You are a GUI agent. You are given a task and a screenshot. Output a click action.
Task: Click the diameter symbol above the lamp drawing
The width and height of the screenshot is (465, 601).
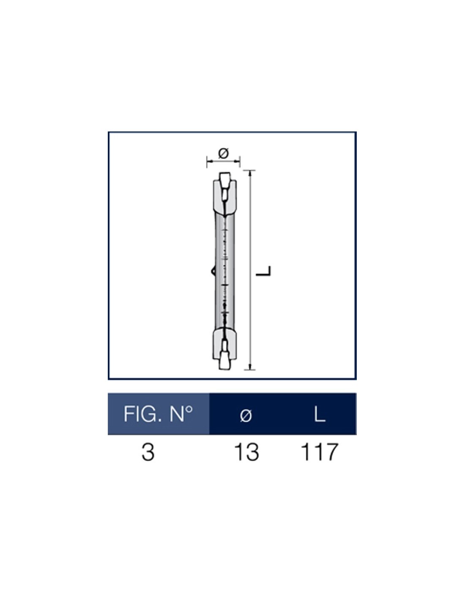coord(223,153)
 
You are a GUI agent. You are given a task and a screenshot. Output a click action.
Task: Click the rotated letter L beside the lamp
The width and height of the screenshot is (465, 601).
coord(263,271)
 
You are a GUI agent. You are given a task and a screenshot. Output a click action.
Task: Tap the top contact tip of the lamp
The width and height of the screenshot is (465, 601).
coord(224,177)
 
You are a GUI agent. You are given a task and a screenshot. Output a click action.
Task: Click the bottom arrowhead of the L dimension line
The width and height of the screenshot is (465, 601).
coord(250,367)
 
